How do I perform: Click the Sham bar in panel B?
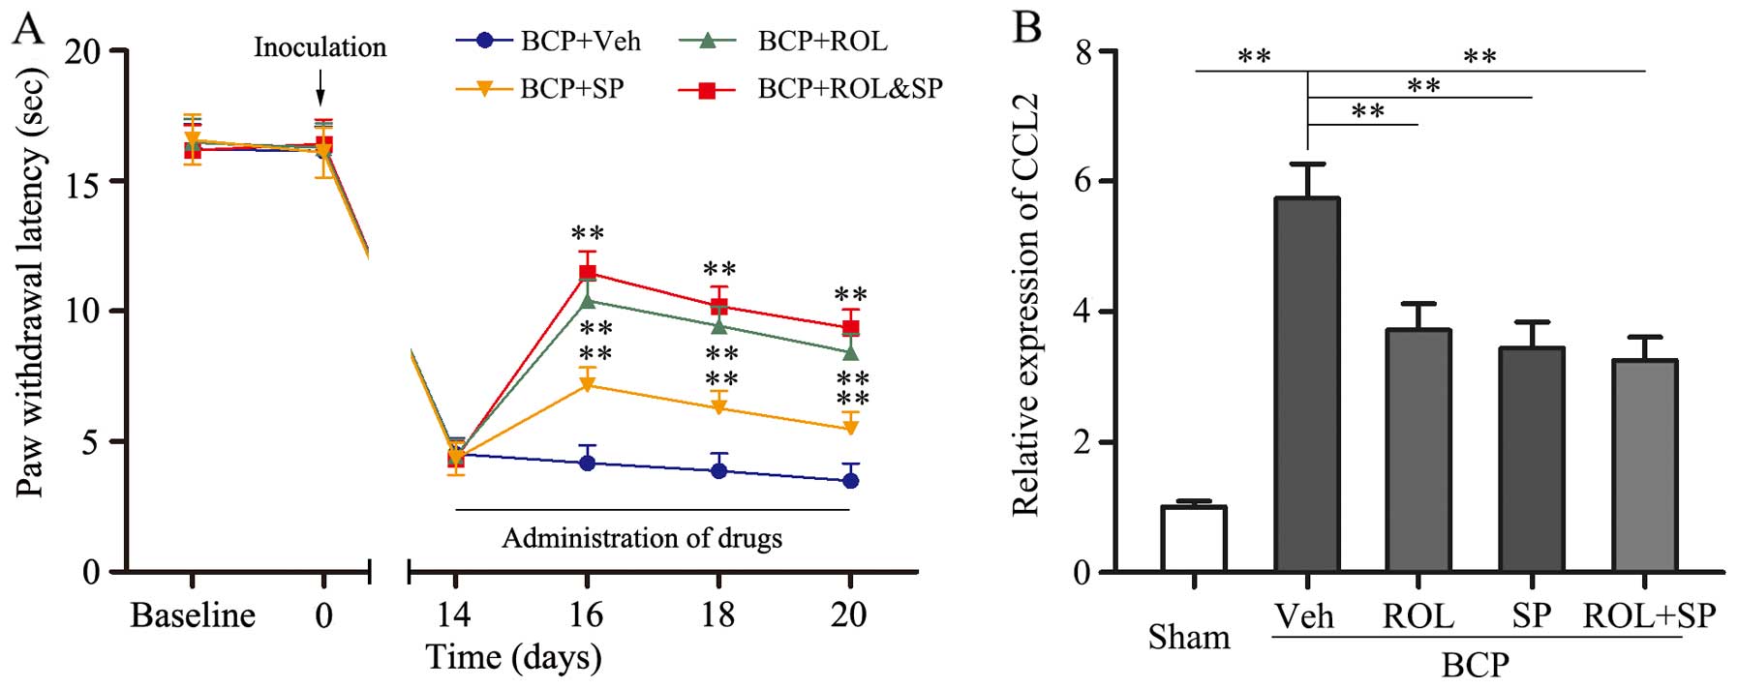click(1194, 538)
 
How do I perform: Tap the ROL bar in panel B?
click(1418, 450)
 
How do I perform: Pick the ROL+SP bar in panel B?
click(1644, 465)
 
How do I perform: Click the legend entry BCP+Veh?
click(548, 41)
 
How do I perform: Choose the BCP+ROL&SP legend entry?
click(808, 89)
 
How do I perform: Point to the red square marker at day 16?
click(587, 273)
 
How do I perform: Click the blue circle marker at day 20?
click(850, 481)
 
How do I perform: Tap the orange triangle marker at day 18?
click(718, 408)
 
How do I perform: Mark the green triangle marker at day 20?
click(850, 352)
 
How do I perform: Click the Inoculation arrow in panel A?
click(321, 93)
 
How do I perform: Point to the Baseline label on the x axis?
click(193, 615)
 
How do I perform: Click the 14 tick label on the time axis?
click(454, 615)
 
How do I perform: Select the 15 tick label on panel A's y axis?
click(83, 182)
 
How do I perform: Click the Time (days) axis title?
click(514, 658)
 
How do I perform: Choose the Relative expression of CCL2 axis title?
click(1024, 305)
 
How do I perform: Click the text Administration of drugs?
click(641, 538)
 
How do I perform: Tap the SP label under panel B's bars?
click(1531, 616)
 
